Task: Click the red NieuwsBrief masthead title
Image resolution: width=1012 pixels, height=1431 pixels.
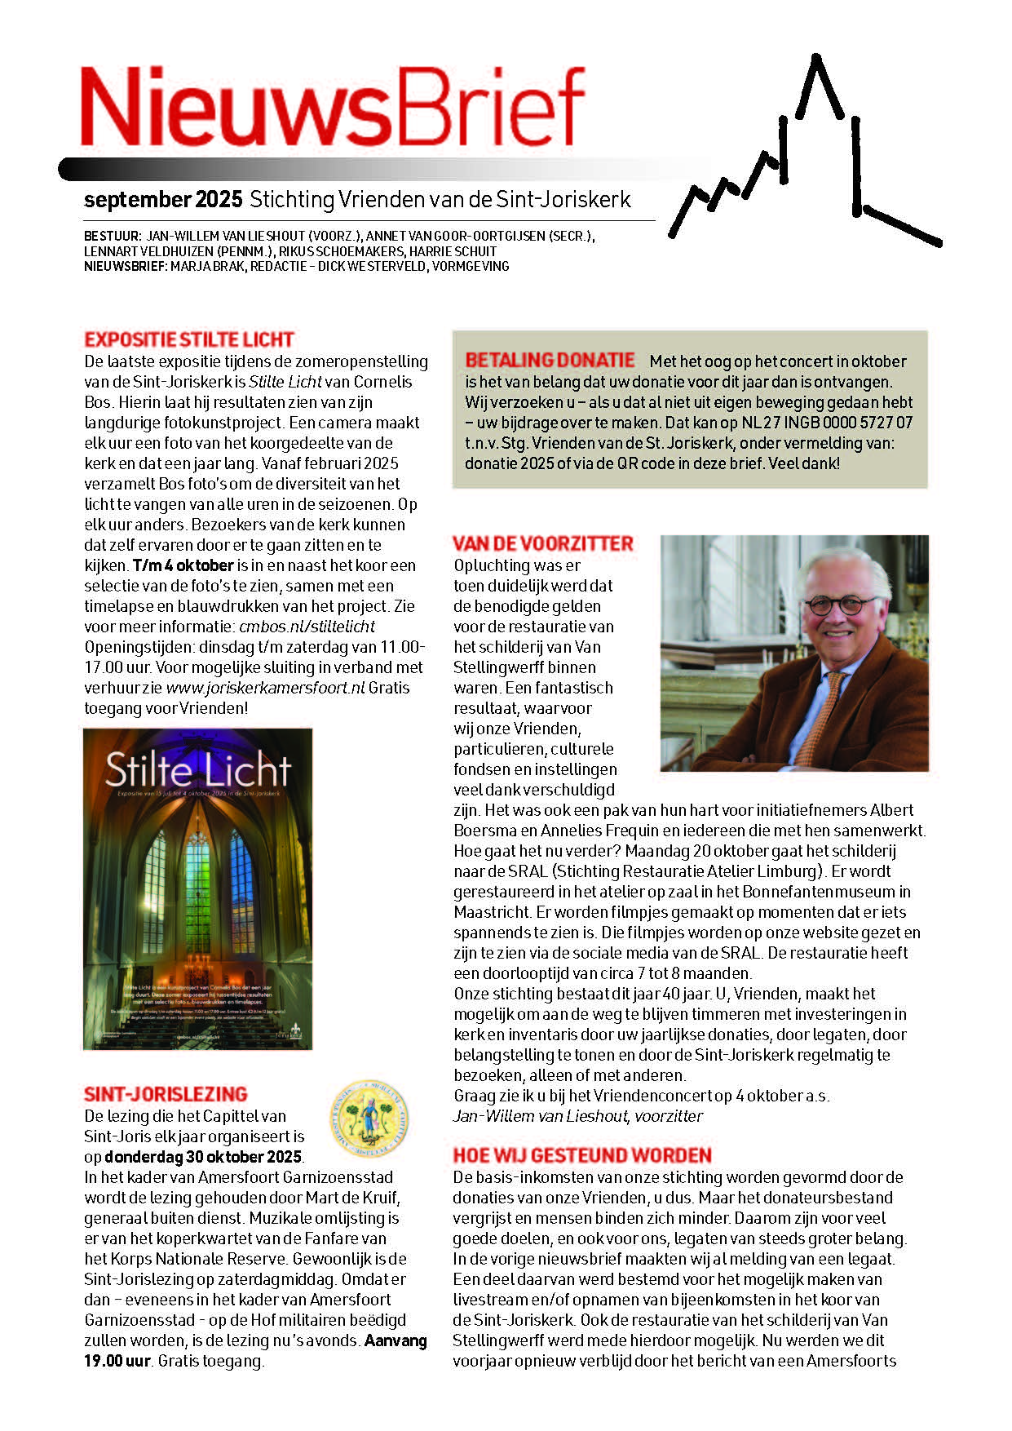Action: [x=333, y=106]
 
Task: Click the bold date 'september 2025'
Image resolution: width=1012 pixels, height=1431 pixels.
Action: [x=163, y=200]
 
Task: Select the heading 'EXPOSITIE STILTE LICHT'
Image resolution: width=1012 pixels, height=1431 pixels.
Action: [x=189, y=340]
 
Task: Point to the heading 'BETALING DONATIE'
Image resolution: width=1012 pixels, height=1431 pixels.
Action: [x=550, y=361]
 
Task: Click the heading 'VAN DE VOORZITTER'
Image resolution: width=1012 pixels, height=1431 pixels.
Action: [x=543, y=544]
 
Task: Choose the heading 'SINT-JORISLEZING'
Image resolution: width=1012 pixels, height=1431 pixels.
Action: [x=166, y=1095]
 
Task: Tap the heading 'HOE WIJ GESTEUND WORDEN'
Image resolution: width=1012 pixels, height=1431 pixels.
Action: [x=582, y=1155]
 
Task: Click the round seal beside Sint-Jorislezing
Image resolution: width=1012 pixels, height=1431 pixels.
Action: [x=369, y=1118]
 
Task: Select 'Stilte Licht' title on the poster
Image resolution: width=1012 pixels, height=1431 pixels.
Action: [x=197, y=770]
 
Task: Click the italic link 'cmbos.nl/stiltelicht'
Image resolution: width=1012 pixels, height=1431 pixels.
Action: [x=307, y=627]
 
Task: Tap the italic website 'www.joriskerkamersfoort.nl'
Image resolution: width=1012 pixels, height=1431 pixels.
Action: [x=265, y=688]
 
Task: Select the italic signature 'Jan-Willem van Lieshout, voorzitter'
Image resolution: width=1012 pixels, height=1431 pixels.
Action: [x=577, y=1116]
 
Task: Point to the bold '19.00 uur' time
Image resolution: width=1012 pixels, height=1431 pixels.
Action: [x=117, y=1361]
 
